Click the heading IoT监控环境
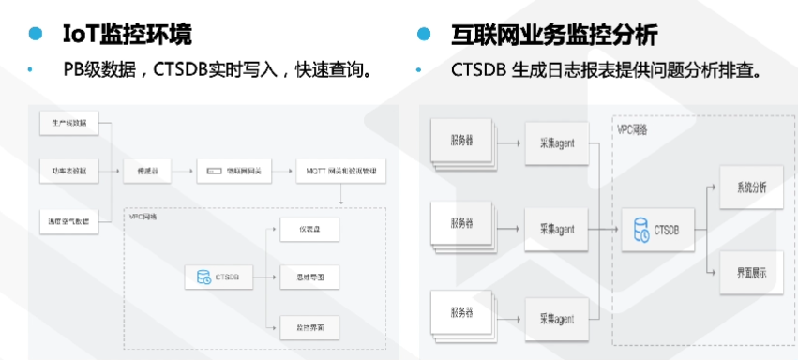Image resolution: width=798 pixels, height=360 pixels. point(127,35)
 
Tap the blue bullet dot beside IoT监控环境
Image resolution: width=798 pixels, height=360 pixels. point(36,35)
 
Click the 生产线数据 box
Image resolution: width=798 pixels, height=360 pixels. point(69,124)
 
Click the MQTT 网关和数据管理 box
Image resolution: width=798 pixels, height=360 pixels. point(340,171)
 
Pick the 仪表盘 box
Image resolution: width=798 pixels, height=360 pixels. point(309,229)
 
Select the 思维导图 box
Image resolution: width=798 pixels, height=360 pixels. point(309,277)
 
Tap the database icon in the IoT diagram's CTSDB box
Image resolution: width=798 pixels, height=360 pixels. point(203,277)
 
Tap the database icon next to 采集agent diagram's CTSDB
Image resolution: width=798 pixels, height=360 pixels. point(641,229)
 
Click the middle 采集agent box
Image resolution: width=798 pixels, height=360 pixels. point(556,229)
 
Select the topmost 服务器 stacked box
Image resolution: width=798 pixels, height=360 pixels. point(460,142)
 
